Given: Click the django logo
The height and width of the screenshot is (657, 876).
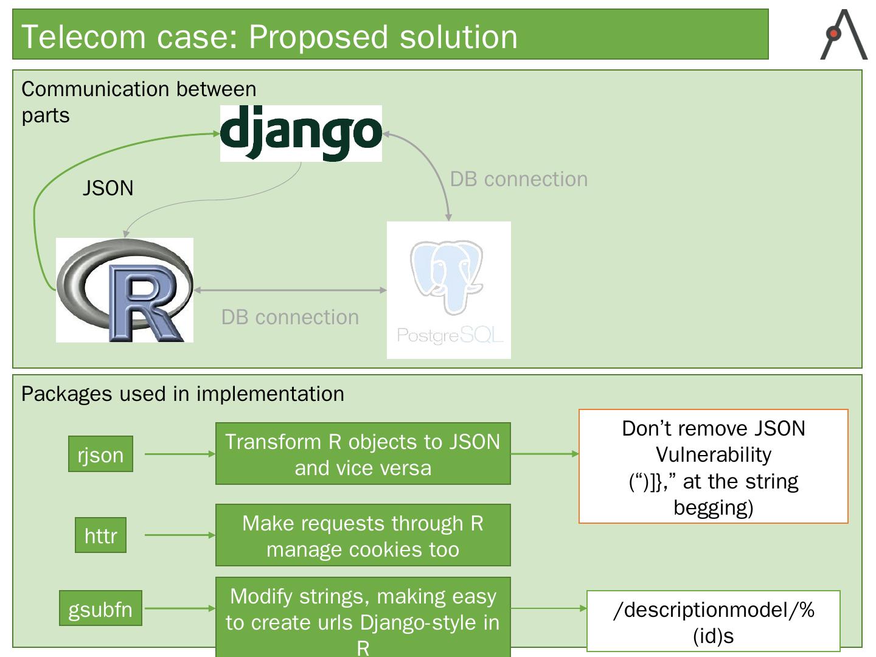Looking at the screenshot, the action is (301, 133).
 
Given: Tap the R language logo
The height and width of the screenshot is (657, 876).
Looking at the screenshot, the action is (125, 290).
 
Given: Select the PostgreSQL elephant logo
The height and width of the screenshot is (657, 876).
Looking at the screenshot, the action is (448, 290).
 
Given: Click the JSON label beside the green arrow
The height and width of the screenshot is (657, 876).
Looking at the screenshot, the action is (108, 188).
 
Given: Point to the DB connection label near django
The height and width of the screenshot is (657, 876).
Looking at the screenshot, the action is (519, 179).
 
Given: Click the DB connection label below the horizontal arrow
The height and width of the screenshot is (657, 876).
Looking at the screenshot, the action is (290, 317).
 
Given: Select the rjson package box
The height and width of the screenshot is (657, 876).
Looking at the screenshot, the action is (100, 454).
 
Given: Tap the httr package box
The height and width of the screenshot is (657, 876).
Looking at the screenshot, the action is (100, 535).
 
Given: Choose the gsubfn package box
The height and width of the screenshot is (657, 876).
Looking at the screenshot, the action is (100, 608).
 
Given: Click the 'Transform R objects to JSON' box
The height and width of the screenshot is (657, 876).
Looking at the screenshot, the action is (363, 454).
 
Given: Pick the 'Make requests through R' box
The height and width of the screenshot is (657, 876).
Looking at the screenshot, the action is (363, 535).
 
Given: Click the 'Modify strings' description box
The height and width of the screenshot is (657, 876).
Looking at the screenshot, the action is (363, 617).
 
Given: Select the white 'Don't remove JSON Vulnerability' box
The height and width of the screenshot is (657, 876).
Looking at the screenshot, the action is (713, 466).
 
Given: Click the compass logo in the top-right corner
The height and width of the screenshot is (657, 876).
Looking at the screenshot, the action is (844, 35).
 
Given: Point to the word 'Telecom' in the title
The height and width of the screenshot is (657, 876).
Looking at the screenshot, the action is (83, 36).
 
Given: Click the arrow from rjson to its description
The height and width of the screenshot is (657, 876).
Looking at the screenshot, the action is (180, 454).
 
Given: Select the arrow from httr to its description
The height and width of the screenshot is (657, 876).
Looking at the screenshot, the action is (180, 535).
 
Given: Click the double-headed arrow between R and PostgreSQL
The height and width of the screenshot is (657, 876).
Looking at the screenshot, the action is (290, 290).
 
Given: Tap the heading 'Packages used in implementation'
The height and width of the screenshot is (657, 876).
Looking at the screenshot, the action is (182, 394).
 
